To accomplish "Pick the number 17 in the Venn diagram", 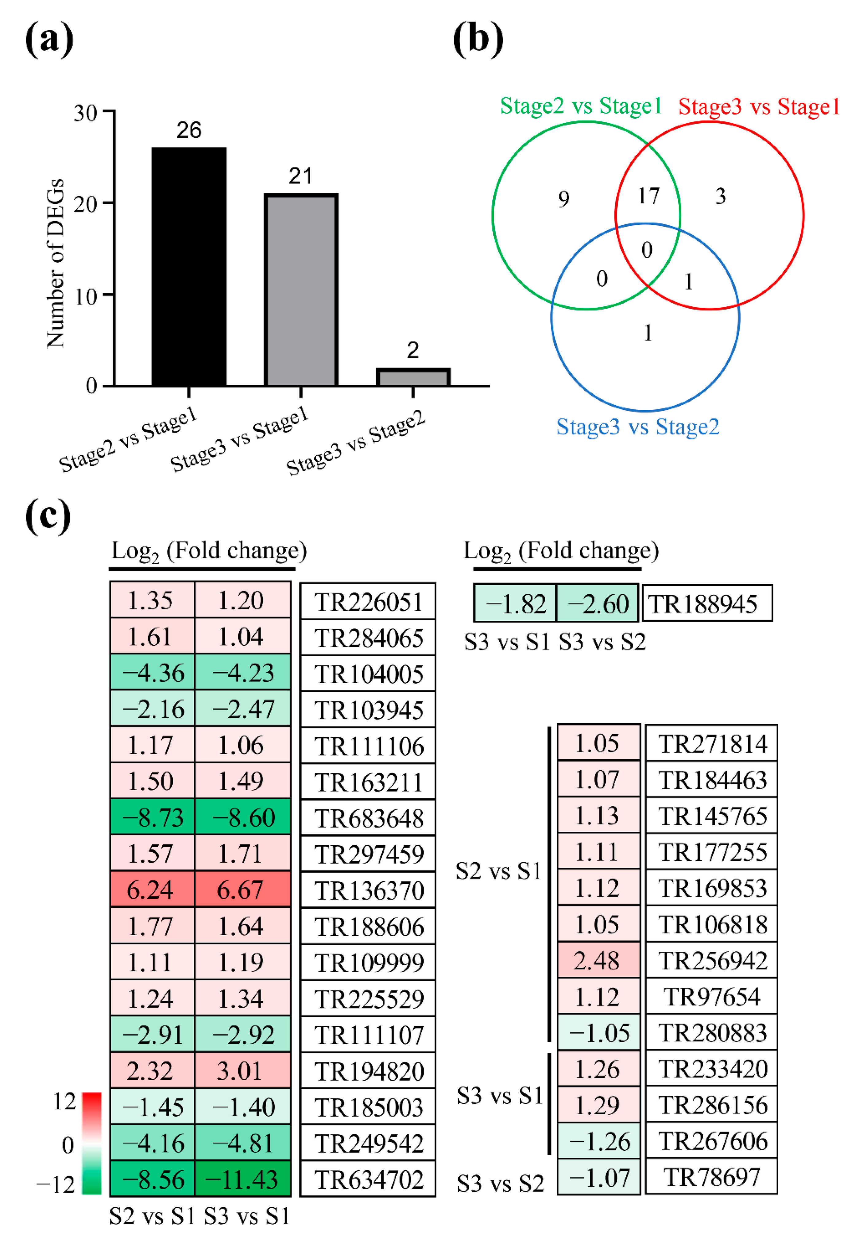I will tap(648, 196).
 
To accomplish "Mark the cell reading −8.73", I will tap(152, 817).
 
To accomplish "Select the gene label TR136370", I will tap(369, 890).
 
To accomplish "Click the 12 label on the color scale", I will tap(64, 1101).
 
